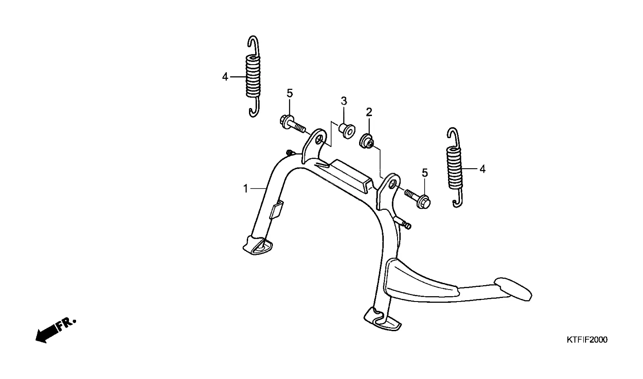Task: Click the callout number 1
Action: [x=245, y=189]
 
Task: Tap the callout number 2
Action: [x=369, y=112]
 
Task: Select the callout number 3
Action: [x=344, y=101]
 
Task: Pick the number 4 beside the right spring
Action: [x=482, y=169]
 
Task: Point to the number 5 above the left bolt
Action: [x=290, y=93]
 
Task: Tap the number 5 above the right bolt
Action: [x=425, y=173]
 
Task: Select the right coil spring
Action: [x=455, y=168]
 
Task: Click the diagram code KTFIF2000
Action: [x=587, y=340]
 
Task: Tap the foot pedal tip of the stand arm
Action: [x=514, y=288]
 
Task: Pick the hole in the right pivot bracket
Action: [x=391, y=183]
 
